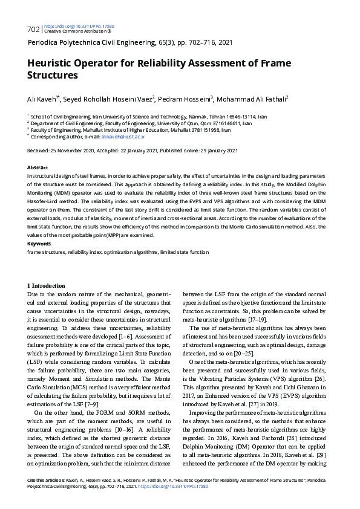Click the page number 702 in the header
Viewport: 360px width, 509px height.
(33, 29)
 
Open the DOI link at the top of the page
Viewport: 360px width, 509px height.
(79, 27)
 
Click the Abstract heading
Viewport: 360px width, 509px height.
(38, 167)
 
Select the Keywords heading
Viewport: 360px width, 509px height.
(39, 244)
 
